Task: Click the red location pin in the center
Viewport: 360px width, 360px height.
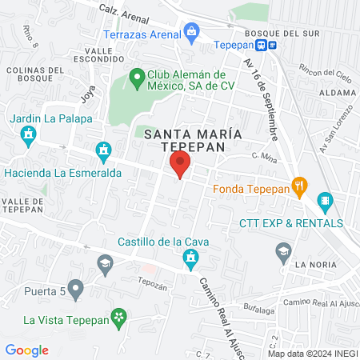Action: pos(179,166)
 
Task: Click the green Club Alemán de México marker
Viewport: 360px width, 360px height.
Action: pos(136,78)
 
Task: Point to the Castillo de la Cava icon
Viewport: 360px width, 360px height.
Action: pos(190,258)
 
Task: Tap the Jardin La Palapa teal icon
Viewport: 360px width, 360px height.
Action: pos(29,135)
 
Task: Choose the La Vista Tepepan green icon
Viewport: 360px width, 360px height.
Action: pos(119,318)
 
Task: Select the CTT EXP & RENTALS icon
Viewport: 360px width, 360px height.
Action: pos(324,200)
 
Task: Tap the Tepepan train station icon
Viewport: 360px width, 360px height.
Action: pos(273,45)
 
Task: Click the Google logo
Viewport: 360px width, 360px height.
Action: pos(26,350)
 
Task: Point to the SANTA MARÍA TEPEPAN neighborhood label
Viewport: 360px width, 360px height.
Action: pos(182,141)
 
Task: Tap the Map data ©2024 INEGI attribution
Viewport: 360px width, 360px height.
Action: pos(311,354)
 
